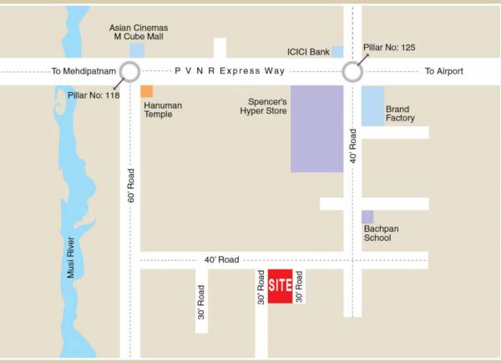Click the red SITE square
280,286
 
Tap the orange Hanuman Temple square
147,91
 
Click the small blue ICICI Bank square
337,52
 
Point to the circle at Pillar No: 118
130,72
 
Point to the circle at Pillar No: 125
352,72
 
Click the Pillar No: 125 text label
391,48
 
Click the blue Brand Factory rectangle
372,106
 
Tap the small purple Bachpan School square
367,217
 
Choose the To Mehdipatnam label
83,72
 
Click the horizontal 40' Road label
221,260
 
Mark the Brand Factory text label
400,114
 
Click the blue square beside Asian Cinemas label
137,50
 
